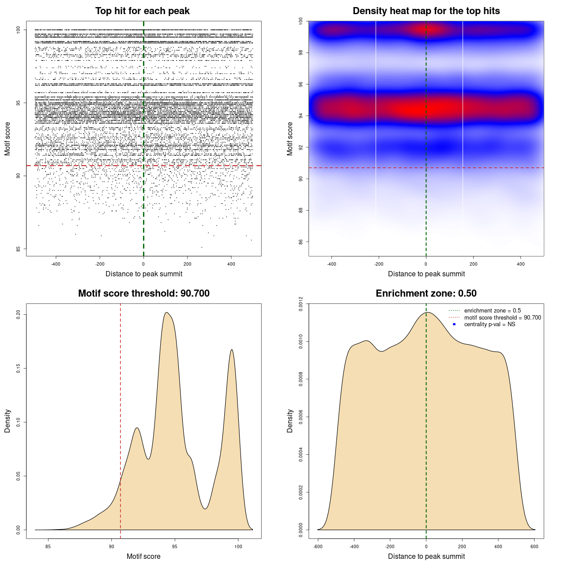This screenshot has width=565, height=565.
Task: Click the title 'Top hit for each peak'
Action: pyautogui.click(x=142, y=11)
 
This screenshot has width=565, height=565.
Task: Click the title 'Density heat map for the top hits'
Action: pyautogui.click(x=426, y=11)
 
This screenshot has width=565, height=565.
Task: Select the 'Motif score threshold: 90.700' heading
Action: pyautogui.click(x=143, y=294)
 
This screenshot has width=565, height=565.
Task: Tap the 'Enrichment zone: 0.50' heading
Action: pyautogui.click(x=426, y=294)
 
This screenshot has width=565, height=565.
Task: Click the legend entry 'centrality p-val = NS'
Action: pyautogui.click(x=490, y=324)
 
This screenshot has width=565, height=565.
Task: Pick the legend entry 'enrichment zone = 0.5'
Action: pyautogui.click(x=492, y=311)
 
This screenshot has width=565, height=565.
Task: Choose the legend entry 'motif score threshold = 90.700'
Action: pyautogui.click(x=502, y=318)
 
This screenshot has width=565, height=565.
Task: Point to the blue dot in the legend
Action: pyautogui.click(x=454, y=324)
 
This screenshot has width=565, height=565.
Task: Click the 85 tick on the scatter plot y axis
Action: pyautogui.click(x=19, y=249)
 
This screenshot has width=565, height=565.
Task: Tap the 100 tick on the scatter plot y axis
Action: pyautogui.click(x=19, y=30)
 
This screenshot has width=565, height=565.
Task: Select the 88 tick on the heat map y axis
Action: pyautogui.click(x=301, y=210)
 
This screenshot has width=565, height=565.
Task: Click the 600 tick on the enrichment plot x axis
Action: pyautogui.click(x=535, y=546)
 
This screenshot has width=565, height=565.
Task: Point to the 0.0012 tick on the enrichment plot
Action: pyautogui.click(x=301, y=304)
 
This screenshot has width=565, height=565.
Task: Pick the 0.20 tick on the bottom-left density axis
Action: pyautogui.click(x=19, y=314)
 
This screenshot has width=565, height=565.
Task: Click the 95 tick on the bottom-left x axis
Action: pyautogui.click(x=175, y=546)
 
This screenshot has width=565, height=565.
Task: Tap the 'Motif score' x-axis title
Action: pyautogui.click(x=143, y=556)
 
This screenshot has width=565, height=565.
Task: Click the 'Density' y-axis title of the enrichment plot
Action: pyautogui.click(x=290, y=421)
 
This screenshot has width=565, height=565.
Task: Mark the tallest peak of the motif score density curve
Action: pyautogui.click(x=166, y=313)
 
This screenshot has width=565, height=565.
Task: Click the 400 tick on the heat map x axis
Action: pyautogui.click(x=521, y=264)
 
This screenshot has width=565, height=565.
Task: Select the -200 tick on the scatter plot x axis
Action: pyautogui.click(x=100, y=264)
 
